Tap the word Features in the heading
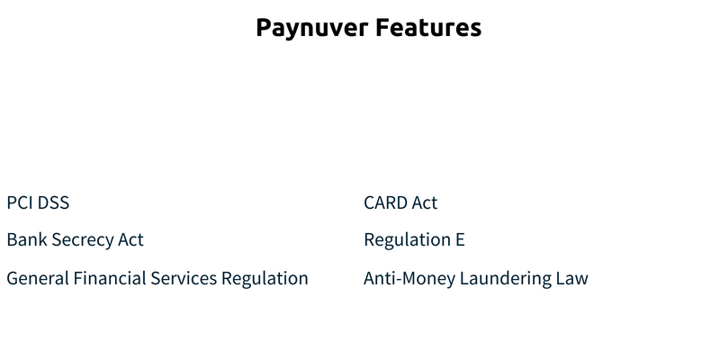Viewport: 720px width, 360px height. tap(428, 27)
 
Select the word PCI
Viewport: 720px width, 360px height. tap(19, 202)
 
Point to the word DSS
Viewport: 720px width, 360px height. tap(53, 202)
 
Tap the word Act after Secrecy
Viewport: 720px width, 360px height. tap(130, 239)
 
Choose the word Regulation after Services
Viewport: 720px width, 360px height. tap(265, 279)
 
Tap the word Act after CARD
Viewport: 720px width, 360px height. tap(425, 202)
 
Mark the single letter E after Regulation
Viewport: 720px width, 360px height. tap(460, 239)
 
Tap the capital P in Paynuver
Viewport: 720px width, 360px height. tap(264, 27)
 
